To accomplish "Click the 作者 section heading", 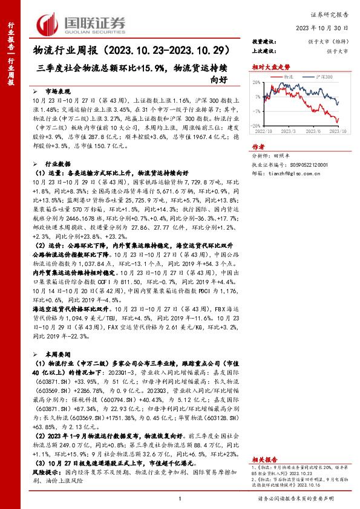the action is pos(258,147).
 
